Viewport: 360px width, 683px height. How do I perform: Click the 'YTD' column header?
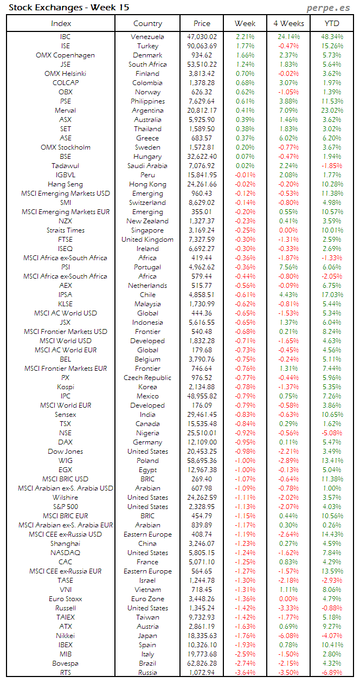pos(332,23)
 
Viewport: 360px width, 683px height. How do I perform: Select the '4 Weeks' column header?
pos(288,23)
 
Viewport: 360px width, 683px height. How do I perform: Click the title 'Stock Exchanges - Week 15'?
pos(69,8)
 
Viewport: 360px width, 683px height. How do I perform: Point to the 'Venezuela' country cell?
pos(147,37)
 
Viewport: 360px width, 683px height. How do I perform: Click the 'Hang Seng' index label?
pos(65,184)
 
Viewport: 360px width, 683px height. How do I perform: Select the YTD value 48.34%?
pos(332,37)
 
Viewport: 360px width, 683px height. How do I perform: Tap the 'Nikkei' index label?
pos(65,636)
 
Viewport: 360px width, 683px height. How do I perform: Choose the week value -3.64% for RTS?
pos(245,673)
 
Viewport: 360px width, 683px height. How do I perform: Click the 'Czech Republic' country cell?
pos(147,378)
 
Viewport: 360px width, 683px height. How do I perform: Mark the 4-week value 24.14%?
pos(288,37)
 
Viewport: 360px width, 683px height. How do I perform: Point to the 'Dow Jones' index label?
pos(65,452)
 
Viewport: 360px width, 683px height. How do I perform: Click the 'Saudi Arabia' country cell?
pos(147,166)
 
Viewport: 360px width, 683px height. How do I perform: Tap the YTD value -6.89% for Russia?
pos(332,673)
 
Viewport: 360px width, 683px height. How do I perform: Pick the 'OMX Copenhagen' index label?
pos(65,55)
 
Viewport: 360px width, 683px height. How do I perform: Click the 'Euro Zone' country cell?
pos(147,599)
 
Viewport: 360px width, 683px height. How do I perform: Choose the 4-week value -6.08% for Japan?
pos(288,636)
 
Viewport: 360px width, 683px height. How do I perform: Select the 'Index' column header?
pos(61,23)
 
